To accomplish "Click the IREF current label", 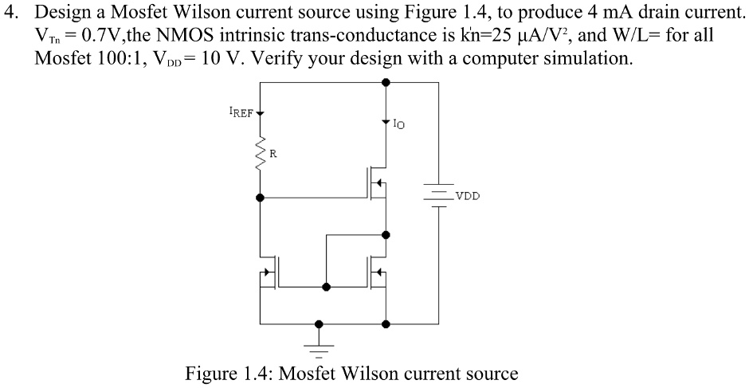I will point(241,112).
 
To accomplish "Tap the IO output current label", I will point(399,123).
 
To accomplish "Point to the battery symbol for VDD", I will point(437,194).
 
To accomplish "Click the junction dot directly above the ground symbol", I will point(320,324).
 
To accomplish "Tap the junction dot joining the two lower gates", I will point(324,285).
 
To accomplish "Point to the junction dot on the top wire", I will point(386,82).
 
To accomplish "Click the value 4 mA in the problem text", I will point(579,14).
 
